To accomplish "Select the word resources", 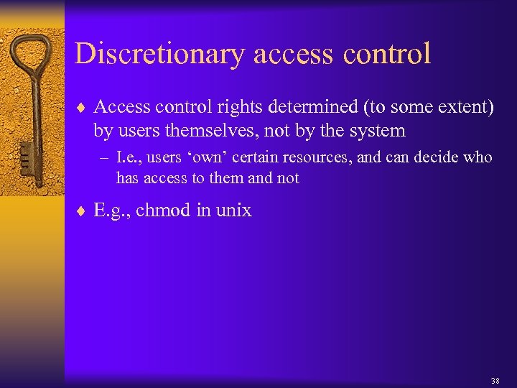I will click(x=316, y=157).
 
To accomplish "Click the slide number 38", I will click(x=495, y=380).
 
